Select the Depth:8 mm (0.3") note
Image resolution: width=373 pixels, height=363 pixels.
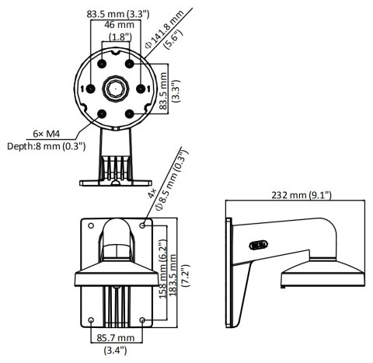tap(47, 146)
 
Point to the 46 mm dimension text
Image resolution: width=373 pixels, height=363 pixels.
tap(118, 25)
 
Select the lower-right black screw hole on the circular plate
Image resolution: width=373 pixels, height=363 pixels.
tap(130, 113)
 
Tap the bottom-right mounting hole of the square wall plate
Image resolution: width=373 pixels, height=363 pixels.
tap(141, 319)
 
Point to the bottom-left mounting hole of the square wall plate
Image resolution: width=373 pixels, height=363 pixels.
tap(92, 319)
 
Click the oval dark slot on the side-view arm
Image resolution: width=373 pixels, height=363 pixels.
tap(255, 246)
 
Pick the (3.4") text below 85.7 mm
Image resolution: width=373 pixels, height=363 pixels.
tap(117, 351)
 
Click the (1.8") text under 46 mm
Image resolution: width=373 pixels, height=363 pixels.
tap(118, 37)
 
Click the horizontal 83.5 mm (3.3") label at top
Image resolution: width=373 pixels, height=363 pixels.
tap(118, 13)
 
